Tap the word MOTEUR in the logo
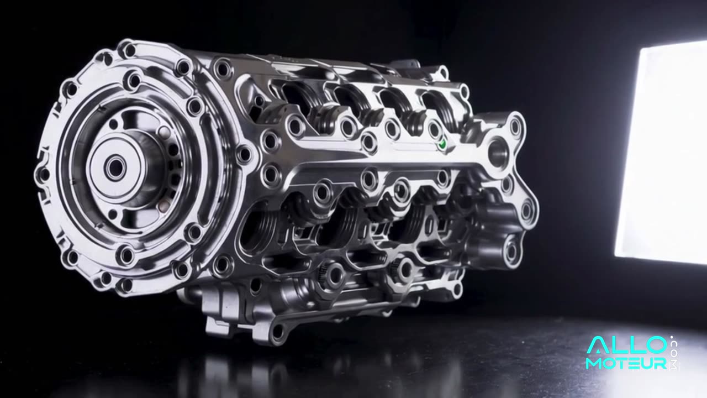pos(626,363)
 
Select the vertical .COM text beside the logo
pos(673,353)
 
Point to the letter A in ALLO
pos(597,346)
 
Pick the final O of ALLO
pos(655,346)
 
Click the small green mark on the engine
pos(441,145)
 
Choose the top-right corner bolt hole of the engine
pos(515,127)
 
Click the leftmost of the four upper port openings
pos(299,97)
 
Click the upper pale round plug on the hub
pos(164,133)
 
